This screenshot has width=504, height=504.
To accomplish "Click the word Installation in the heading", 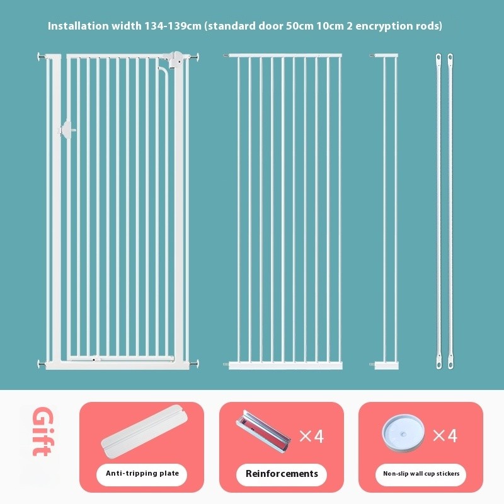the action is (78, 26).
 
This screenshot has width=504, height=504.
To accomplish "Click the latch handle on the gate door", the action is (67, 130).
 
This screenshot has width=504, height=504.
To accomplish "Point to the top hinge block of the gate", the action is (174, 59).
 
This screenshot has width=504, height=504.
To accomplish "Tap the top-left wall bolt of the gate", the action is (42, 57).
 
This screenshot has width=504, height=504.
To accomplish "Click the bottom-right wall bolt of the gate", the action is (194, 364).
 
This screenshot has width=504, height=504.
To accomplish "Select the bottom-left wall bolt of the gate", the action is (42, 364).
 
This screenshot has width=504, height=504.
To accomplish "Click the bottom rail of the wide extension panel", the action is (285, 365).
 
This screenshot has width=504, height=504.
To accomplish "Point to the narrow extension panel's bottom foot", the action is (386, 365).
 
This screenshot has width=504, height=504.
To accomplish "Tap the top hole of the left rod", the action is (438, 58).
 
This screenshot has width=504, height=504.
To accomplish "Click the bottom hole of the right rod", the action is (450, 365).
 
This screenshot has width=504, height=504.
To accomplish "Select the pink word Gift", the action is (43, 431).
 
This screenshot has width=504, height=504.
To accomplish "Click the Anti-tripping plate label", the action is (142, 474).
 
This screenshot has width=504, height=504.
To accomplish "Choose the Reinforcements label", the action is (282, 474).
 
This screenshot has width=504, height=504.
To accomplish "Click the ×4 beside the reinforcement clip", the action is (311, 436).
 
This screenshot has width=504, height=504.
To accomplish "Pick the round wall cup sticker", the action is (403, 433).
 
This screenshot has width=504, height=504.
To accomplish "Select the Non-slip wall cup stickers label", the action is (421, 474).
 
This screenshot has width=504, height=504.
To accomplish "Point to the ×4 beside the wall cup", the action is (445, 436).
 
